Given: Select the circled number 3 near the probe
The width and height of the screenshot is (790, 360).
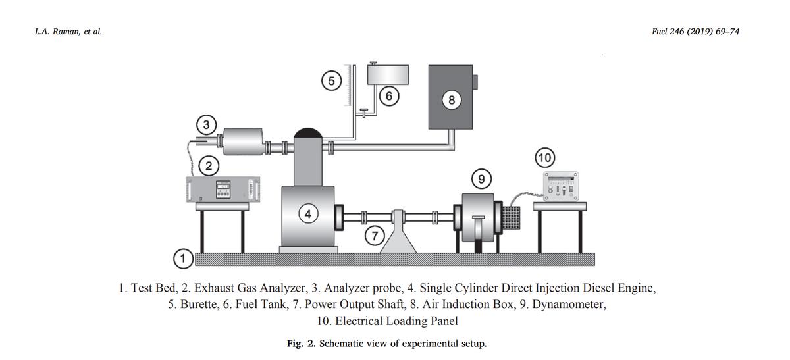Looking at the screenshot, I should [x=207, y=124].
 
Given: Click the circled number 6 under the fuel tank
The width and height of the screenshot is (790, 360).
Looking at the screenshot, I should [x=390, y=96].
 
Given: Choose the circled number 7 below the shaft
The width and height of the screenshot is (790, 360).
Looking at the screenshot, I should [x=375, y=234].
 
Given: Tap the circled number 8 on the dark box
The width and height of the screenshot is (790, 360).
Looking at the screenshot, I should [x=451, y=100].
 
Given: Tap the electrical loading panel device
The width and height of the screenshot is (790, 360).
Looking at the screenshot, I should [x=560, y=187].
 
